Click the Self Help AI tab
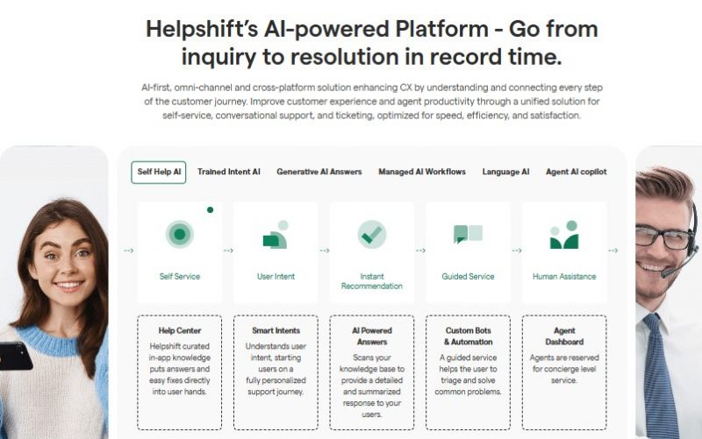(159, 172)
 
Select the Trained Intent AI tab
(229, 172)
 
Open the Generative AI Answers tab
(319, 172)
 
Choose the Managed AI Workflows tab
(422, 172)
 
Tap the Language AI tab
(506, 172)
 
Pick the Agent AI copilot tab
(577, 172)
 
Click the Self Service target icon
(180, 234)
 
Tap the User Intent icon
(276, 235)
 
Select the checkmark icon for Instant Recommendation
(371, 234)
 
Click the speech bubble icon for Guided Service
(468, 234)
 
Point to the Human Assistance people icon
(564, 235)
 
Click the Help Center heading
(180, 331)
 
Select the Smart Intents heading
(276, 331)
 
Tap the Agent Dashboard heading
(564, 336)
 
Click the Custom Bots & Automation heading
(469, 336)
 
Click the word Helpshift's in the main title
(202, 30)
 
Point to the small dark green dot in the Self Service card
(210, 209)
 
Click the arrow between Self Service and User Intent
(228, 251)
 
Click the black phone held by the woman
(15, 357)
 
